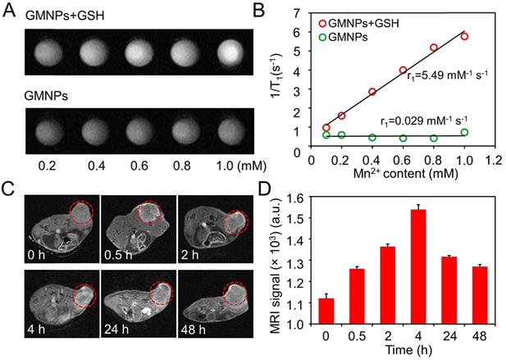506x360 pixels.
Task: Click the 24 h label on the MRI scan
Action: pos(116,336)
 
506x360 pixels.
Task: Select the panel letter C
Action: pos(7,188)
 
